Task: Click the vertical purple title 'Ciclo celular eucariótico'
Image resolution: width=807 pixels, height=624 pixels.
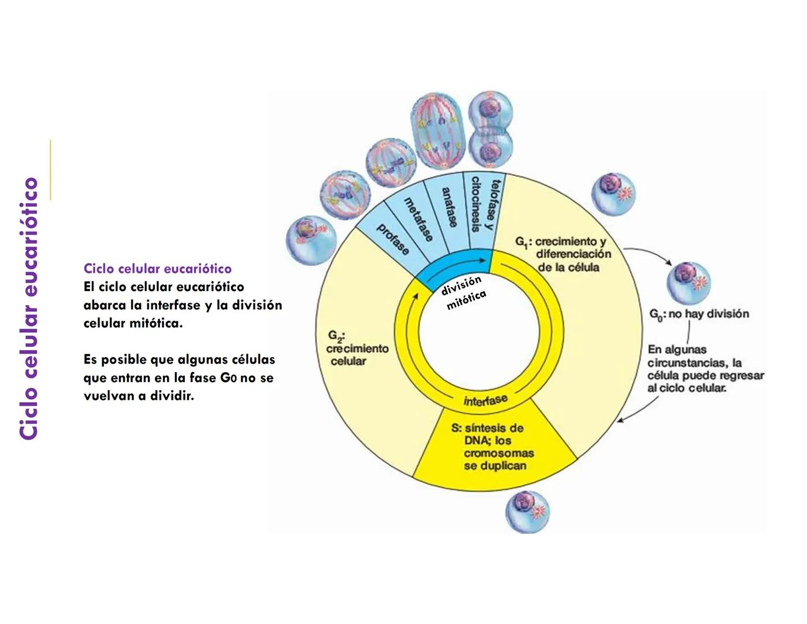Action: point(28,309)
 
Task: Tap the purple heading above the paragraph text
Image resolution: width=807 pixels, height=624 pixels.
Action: point(157,269)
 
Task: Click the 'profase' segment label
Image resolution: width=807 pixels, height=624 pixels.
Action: point(393,238)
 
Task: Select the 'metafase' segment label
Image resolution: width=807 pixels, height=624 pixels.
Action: point(418,219)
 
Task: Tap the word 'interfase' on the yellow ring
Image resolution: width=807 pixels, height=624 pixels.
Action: point(485,400)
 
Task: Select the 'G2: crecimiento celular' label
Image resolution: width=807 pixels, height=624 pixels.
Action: point(356,348)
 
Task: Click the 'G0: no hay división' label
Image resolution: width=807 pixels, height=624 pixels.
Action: point(699,314)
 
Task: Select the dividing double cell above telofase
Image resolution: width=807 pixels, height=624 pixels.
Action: point(490,130)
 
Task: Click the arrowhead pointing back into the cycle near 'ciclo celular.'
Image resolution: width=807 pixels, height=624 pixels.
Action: point(620,419)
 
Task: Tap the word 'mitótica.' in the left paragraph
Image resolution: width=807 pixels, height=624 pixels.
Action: point(156,323)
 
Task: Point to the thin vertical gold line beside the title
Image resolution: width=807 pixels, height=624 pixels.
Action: point(50,169)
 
